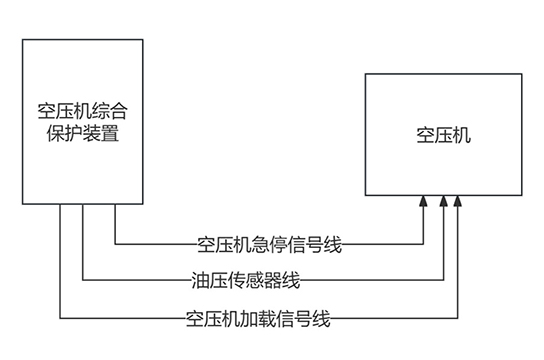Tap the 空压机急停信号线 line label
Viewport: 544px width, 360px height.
270,243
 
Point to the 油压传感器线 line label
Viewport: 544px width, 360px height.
244,280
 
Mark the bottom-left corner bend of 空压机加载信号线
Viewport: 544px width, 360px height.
60,319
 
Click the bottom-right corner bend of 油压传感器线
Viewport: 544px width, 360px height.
442,280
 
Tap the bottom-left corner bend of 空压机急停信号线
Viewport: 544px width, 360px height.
116,243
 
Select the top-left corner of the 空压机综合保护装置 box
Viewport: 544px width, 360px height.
23,39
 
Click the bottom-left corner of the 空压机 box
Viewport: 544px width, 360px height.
365,194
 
